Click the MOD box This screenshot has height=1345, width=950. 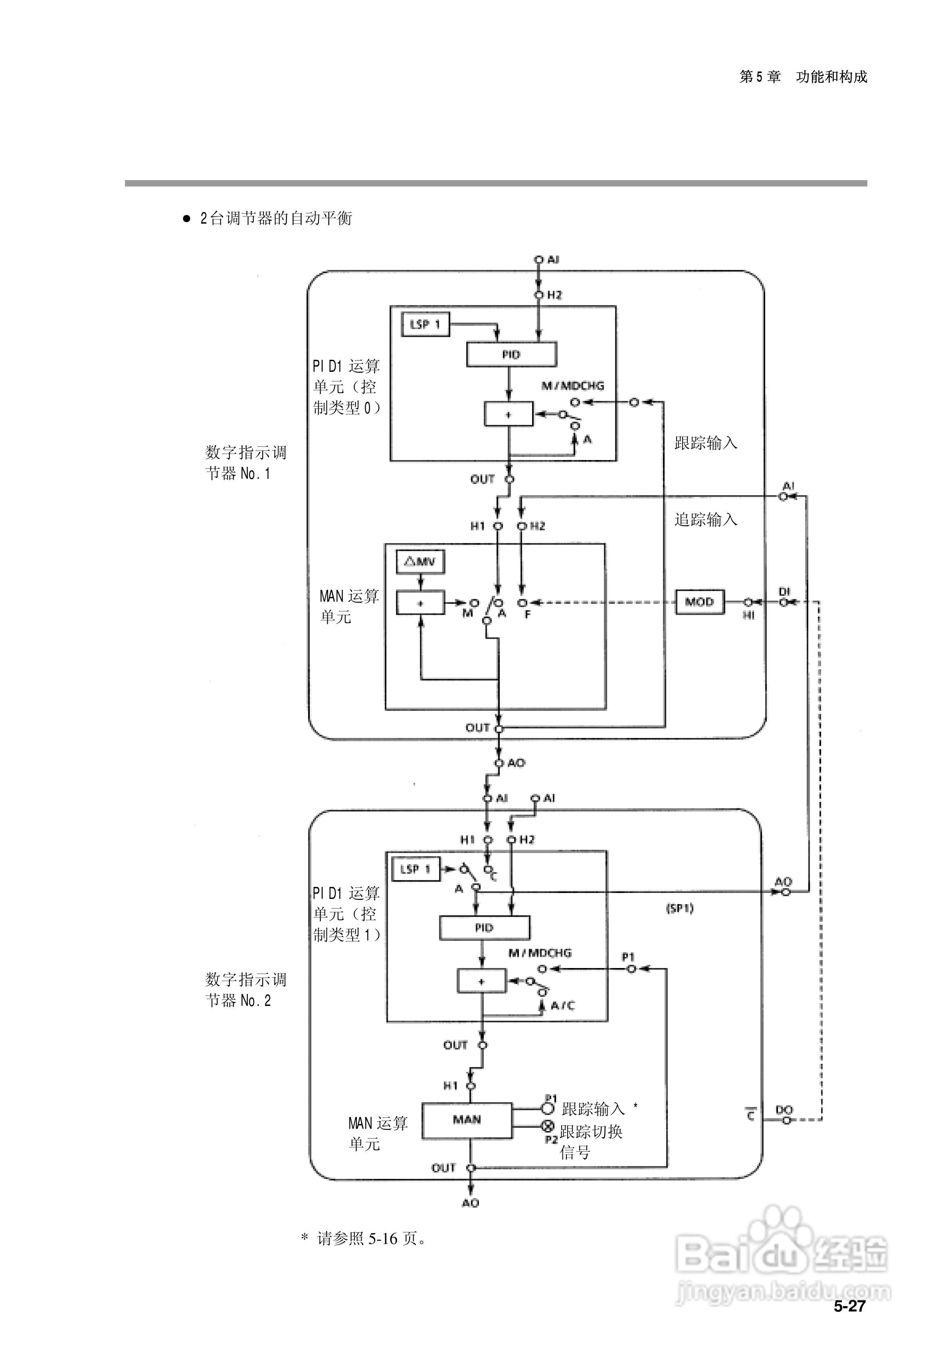[x=699, y=602]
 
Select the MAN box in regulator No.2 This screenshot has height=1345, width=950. [x=467, y=1119]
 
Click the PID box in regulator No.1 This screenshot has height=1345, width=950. [x=511, y=354]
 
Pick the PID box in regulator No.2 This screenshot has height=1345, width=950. [x=484, y=927]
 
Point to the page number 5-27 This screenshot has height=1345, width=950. [x=849, y=1306]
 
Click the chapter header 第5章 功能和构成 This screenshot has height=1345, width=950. [x=802, y=77]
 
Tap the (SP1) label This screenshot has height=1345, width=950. [x=679, y=909]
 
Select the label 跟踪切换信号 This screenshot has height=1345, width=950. [x=590, y=1142]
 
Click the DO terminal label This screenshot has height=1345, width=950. [x=784, y=1109]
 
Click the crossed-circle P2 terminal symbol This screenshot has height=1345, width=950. [x=548, y=1126]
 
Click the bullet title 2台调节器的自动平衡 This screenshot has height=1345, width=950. [x=275, y=218]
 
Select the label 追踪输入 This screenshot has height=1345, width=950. [x=705, y=520]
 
